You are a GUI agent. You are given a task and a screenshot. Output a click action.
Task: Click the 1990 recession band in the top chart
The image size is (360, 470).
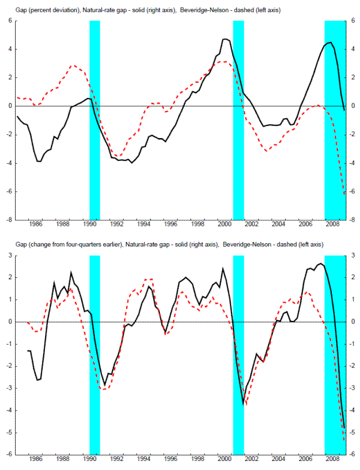[x=95, y=120]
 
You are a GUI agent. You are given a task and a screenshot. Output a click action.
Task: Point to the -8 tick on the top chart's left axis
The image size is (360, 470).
[x=9, y=220]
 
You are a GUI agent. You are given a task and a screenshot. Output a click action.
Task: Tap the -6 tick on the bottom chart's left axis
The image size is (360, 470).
[x=9, y=454]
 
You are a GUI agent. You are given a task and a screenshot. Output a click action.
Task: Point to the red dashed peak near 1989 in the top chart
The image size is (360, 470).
[x=73, y=65]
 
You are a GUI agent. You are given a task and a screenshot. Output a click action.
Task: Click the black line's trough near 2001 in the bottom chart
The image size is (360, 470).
[x=243, y=404]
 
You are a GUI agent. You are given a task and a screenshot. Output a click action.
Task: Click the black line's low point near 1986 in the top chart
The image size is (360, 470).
[x=39, y=161]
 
